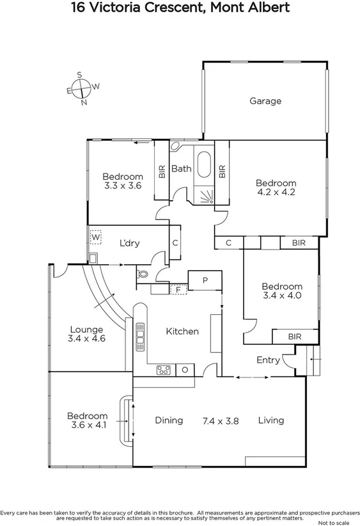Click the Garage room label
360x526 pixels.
pyautogui.click(x=265, y=101)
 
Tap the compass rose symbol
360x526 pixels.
pyautogui.click(x=82, y=89)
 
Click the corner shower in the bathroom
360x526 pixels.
pyautogui.click(x=204, y=196)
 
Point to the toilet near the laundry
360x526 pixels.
pyautogui.click(x=143, y=274)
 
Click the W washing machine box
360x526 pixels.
pyautogui.click(x=95, y=237)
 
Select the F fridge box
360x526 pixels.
pyautogui.click(x=178, y=289)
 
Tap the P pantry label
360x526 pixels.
pyautogui.click(x=205, y=280)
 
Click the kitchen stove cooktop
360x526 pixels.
pyautogui.click(x=164, y=369)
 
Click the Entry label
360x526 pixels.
pyautogui.click(x=268, y=360)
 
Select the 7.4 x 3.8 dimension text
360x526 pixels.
pyautogui.click(x=220, y=420)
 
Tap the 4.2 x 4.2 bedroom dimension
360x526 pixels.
pyautogui.click(x=276, y=192)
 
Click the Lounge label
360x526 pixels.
pyautogui.click(x=86, y=330)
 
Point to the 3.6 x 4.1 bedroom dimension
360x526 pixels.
pyautogui.click(x=87, y=425)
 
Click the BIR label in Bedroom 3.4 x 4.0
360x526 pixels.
pyautogui.click(x=294, y=336)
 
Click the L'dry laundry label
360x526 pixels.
pyautogui.click(x=130, y=243)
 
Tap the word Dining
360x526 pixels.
pyautogui.click(x=169, y=420)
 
